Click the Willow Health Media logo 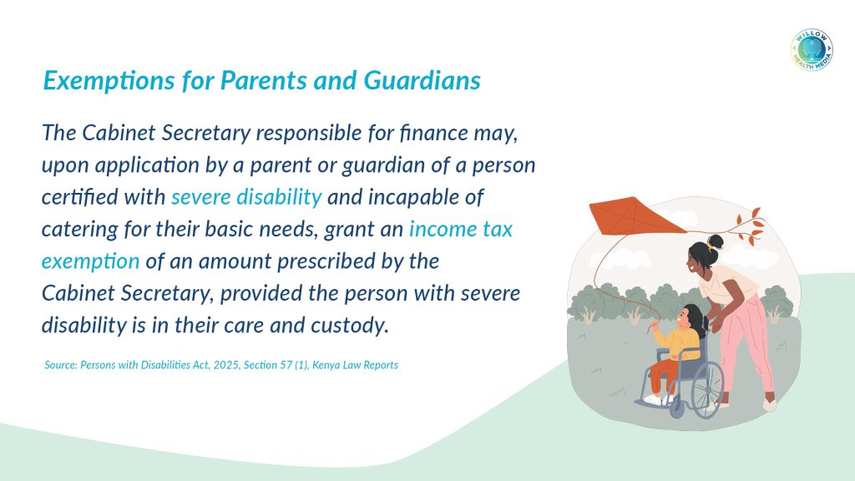[x=812, y=49]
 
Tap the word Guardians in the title [x=422, y=80]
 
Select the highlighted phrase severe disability [x=246, y=197]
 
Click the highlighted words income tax [x=461, y=229]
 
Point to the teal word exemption [x=90, y=261]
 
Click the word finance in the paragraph [x=433, y=133]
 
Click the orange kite [x=635, y=216]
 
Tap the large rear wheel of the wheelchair [x=706, y=391]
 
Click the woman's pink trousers [x=746, y=343]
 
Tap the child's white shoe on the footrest [x=653, y=400]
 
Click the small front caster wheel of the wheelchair [x=676, y=409]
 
